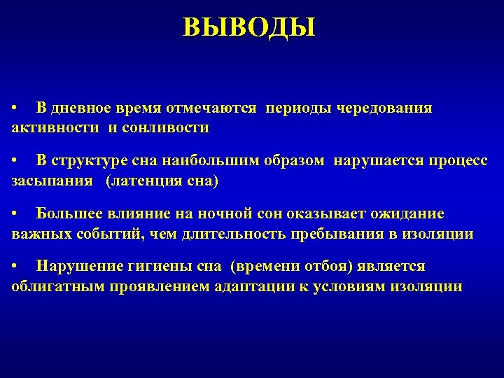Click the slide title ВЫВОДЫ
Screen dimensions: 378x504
[x=249, y=28]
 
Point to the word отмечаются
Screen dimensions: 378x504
[x=211, y=109]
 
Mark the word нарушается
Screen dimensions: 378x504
[x=374, y=162]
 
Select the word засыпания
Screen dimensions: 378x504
[x=52, y=181]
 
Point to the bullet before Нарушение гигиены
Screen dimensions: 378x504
[x=15, y=267]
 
